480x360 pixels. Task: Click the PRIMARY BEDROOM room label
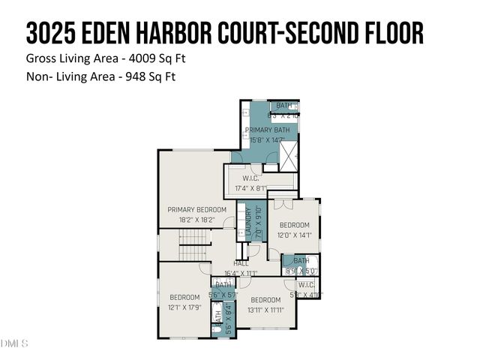196,209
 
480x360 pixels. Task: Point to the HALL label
241,263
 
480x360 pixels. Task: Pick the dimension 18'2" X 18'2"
196,220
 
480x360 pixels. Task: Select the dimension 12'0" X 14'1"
294,235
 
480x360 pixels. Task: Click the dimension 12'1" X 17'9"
185,307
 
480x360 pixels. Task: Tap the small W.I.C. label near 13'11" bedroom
306,285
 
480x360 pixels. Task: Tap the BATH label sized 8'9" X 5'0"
301,261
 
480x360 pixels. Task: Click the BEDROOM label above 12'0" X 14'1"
294,225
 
